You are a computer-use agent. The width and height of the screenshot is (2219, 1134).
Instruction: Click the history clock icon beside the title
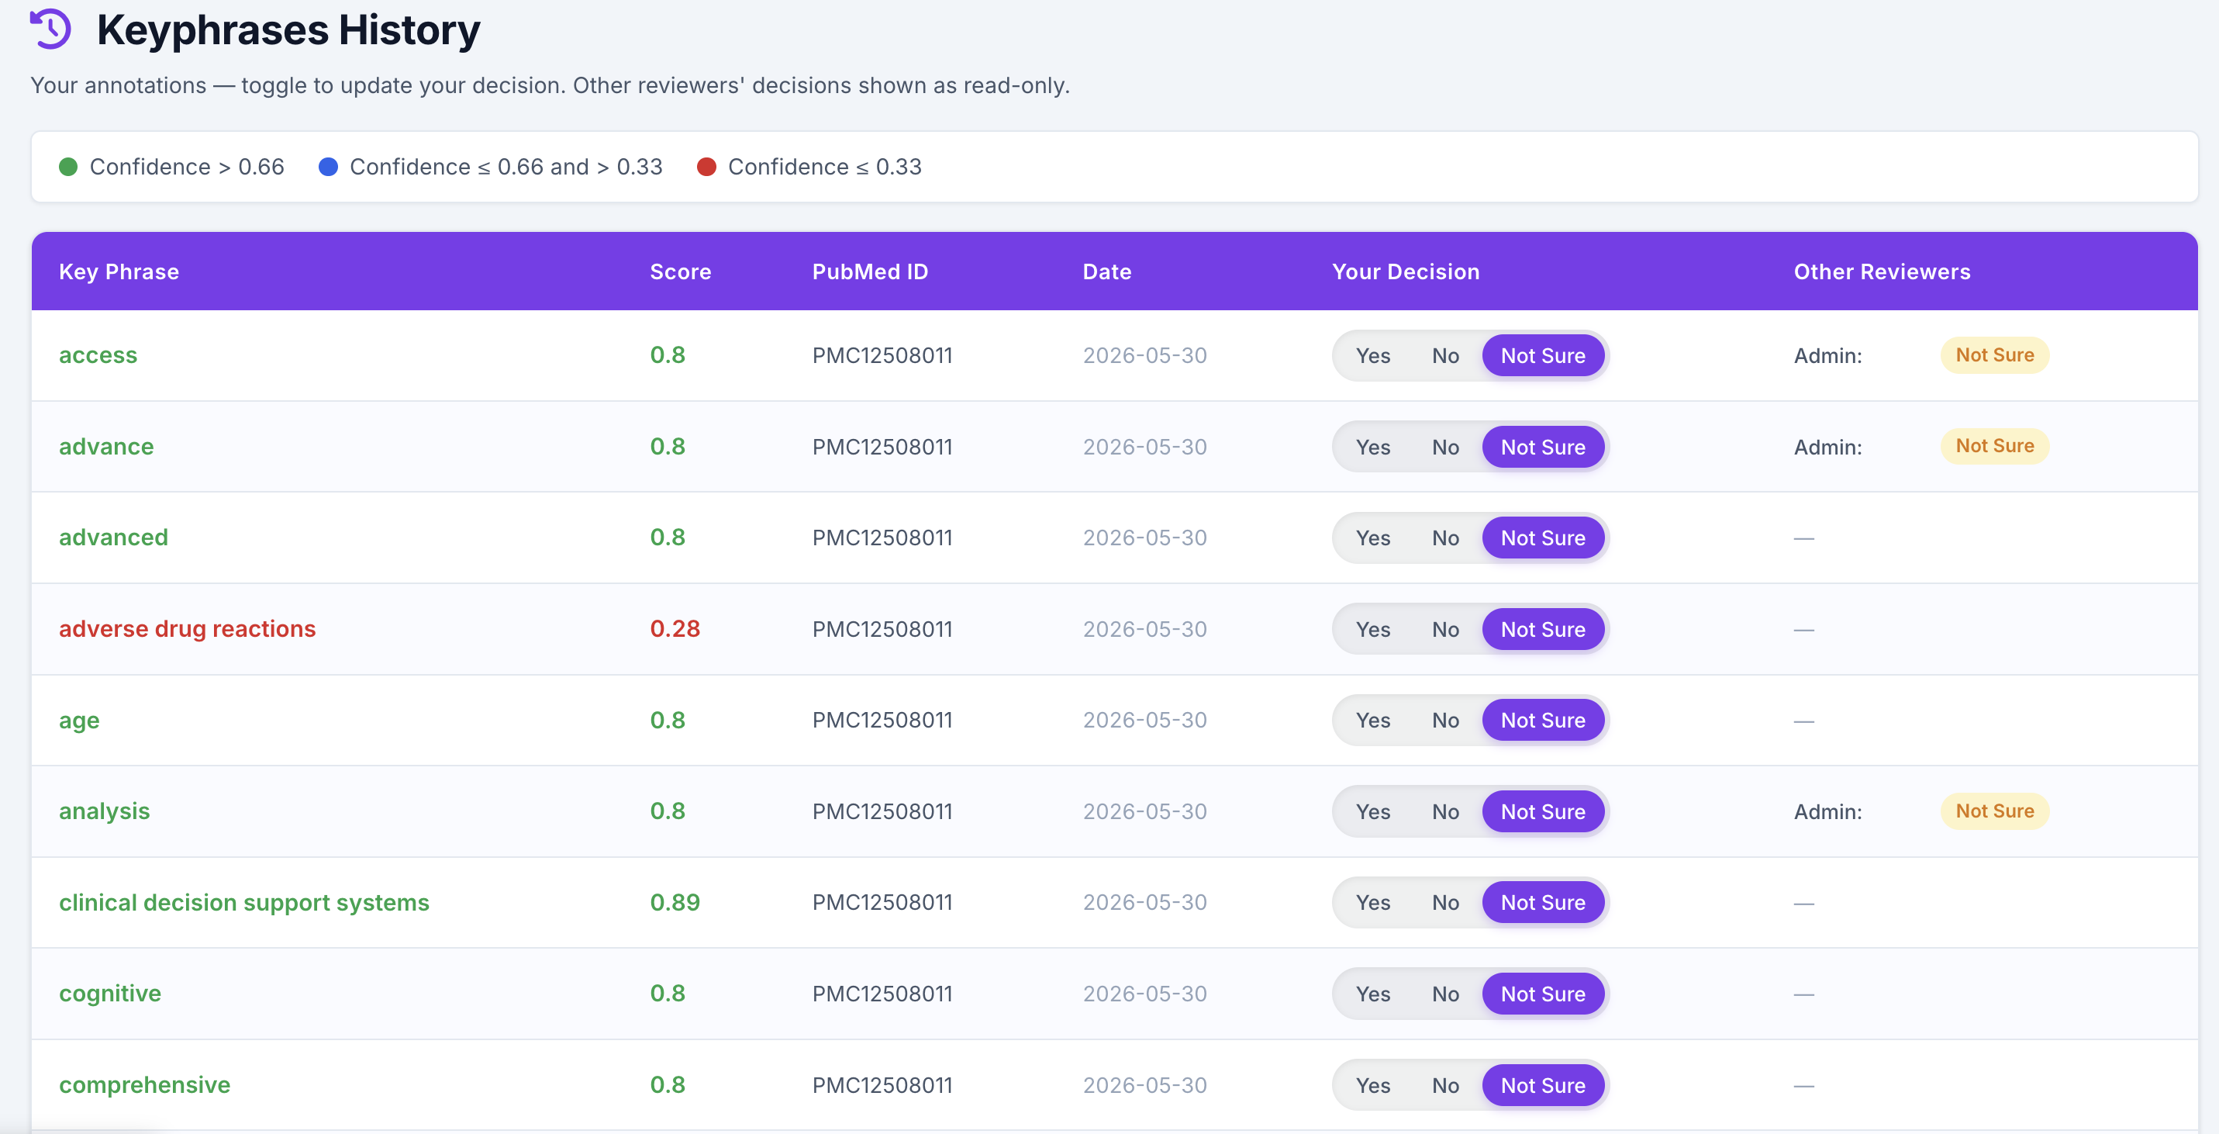[51, 29]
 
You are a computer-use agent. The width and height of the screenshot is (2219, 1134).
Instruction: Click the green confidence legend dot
[68, 166]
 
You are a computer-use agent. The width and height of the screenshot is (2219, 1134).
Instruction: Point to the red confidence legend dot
[706, 166]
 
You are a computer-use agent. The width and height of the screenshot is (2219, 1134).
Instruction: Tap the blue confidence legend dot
[328, 166]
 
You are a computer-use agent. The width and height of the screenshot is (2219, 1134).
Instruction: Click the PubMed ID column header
[870, 271]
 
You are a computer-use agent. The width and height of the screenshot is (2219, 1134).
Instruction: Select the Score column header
[681, 271]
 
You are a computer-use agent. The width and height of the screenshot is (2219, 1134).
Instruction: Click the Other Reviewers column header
[1883, 271]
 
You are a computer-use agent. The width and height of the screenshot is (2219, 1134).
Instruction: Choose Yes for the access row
[1373, 355]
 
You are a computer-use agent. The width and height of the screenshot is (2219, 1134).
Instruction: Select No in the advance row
[1445, 446]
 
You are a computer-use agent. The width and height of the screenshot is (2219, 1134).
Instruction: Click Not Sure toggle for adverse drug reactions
[1543, 629]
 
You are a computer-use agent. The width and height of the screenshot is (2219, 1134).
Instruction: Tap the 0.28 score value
[675, 628]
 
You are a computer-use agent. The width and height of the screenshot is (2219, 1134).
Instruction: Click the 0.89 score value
[675, 902]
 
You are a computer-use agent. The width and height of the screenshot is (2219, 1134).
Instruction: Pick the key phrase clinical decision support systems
[243, 902]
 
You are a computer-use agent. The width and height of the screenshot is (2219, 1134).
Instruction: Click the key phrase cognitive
[110, 994]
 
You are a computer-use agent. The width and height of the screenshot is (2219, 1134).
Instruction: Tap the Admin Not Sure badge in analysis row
[1994, 811]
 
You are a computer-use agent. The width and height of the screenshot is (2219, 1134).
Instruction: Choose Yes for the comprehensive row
[1373, 1085]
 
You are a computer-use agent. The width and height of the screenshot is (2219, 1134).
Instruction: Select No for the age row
[1445, 720]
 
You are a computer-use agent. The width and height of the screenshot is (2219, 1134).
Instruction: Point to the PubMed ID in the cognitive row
[882, 994]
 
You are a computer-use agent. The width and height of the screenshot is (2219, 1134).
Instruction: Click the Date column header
[1107, 271]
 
